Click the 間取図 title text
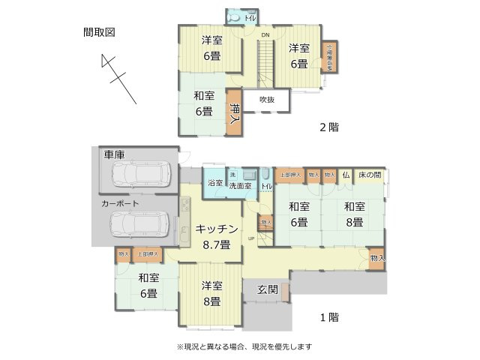[x=99, y=32]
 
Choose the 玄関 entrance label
[x=268, y=289]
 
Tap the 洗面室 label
[x=241, y=185]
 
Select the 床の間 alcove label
[x=369, y=175]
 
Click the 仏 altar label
[x=346, y=175]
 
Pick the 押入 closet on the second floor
[x=235, y=115]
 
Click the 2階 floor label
[x=329, y=127]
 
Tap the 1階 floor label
[x=329, y=317]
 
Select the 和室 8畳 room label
[x=354, y=214]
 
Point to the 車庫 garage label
[x=113, y=154]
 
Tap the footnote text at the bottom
[x=244, y=347]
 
